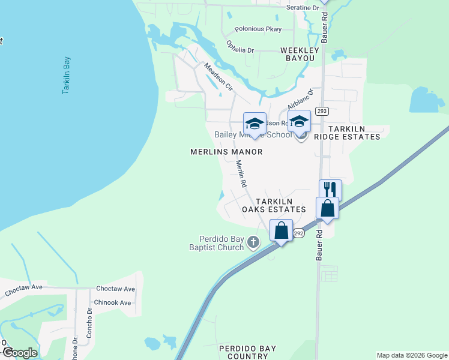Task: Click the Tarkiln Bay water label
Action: click(x=66, y=76)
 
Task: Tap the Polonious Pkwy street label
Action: click(x=258, y=29)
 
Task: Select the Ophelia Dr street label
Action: click(x=240, y=46)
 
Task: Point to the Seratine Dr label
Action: click(x=303, y=7)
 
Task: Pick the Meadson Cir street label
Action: click(x=218, y=77)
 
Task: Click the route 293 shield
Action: click(x=322, y=111)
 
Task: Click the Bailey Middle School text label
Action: click(x=253, y=135)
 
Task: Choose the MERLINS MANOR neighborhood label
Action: click(x=226, y=152)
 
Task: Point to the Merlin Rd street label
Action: click(x=241, y=174)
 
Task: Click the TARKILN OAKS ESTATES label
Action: click(x=274, y=205)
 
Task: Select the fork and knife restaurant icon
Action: click(x=330, y=189)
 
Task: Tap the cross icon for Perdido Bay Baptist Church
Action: click(x=253, y=242)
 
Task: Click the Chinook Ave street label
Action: click(x=112, y=302)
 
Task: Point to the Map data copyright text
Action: click(x=411, y=355)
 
